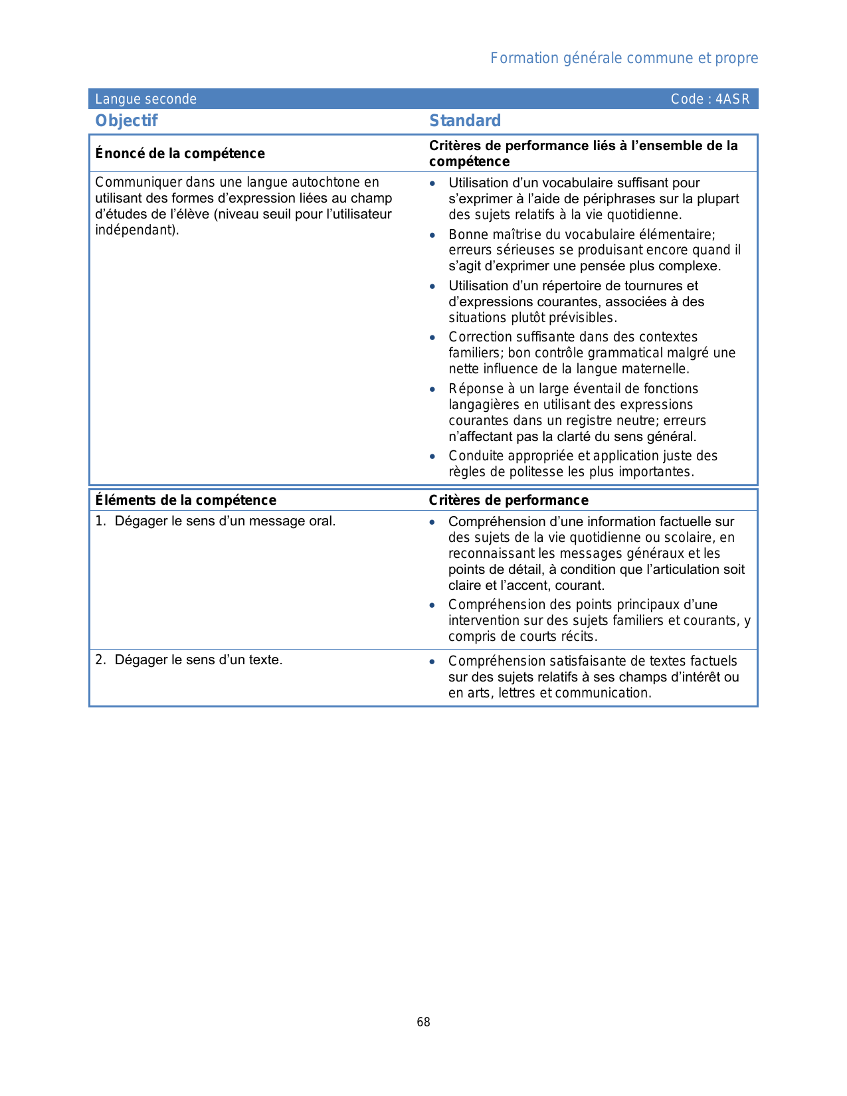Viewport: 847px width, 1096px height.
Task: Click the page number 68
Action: [423, 1022]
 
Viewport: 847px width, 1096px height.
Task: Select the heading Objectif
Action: [126, 121]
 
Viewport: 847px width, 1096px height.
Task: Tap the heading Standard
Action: [465, 121]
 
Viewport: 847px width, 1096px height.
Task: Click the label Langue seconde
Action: [145, 100]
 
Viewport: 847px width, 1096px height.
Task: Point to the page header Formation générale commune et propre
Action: [624, 58]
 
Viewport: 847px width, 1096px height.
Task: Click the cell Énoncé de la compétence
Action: [180, 153]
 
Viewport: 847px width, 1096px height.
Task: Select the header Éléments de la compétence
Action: [185, 500]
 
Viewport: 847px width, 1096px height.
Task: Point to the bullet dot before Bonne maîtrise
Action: [432, 235]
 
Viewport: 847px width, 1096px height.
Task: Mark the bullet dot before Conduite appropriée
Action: [432, 456]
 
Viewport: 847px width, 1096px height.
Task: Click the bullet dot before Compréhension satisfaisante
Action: [432, 662]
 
